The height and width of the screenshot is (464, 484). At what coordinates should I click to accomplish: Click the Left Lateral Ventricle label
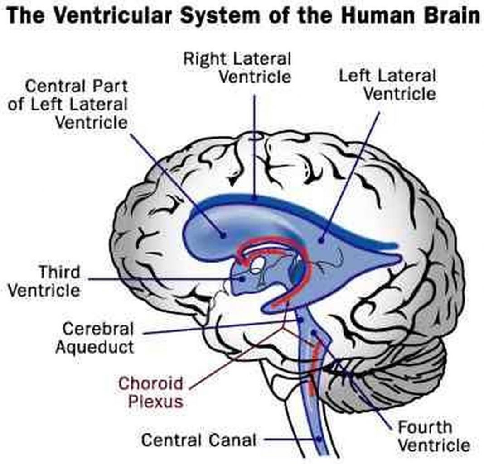pyautogui.click(x=387, y=85)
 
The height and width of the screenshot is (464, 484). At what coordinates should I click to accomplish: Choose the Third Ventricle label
pyautogui.click(x=44, y=281)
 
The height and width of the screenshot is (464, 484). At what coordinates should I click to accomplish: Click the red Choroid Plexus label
pyautogui.click(x=150, y=392)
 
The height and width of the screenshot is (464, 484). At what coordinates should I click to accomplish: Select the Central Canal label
pyautogui.click(x=199, y=439)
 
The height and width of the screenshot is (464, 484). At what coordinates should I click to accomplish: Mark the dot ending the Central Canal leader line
pyautogui.click(x=319, y=439)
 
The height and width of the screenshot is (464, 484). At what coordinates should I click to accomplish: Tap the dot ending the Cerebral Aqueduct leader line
pyautogui.click(x=300, y=320)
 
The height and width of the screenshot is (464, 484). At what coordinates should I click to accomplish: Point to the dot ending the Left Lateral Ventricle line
pyautogui.click(x=321, y=240)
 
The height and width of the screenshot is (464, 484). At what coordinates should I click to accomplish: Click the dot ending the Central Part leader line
pyautogui.click(x=223, y=235)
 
